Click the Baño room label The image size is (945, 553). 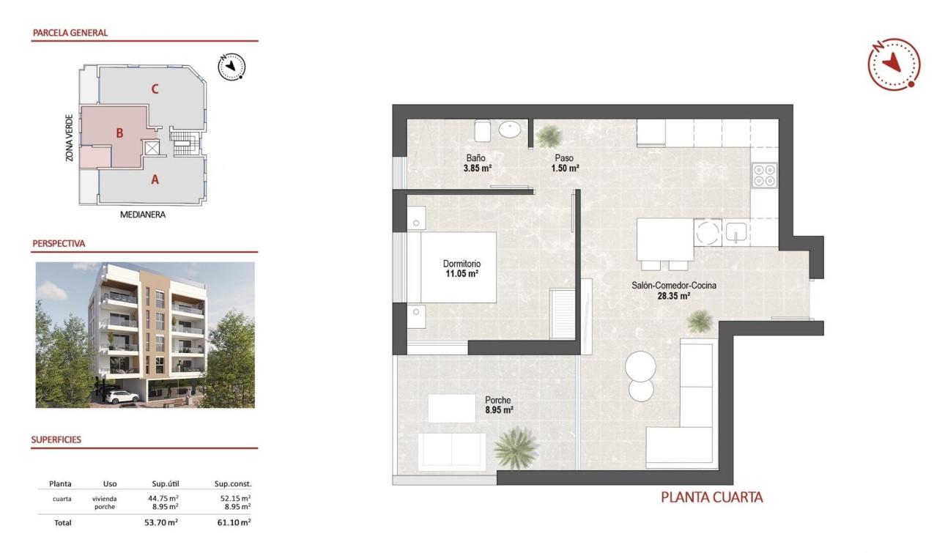(x=475, y=158)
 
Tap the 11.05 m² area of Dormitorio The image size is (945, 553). (x=462, y=274)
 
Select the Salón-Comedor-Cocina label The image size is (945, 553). (x=674, y=286)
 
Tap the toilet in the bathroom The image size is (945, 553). (x=482, y=130)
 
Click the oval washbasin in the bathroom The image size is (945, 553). (x=511, y=130)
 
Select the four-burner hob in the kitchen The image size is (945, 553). (x=765, y=174)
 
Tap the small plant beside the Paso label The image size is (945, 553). (x=546, y=136)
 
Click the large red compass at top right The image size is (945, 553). (x=894, y=64)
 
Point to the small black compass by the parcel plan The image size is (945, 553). (x=231, y=67)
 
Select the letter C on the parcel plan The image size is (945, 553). (x=155, y=89)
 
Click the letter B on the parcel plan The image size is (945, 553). (x=119, y=133)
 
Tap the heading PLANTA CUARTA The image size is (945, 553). (x=712, y=497)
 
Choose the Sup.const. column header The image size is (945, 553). (x=233, y=483)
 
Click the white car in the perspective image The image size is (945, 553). (x=122, y=396)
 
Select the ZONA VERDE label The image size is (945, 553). (x=69, y=137)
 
